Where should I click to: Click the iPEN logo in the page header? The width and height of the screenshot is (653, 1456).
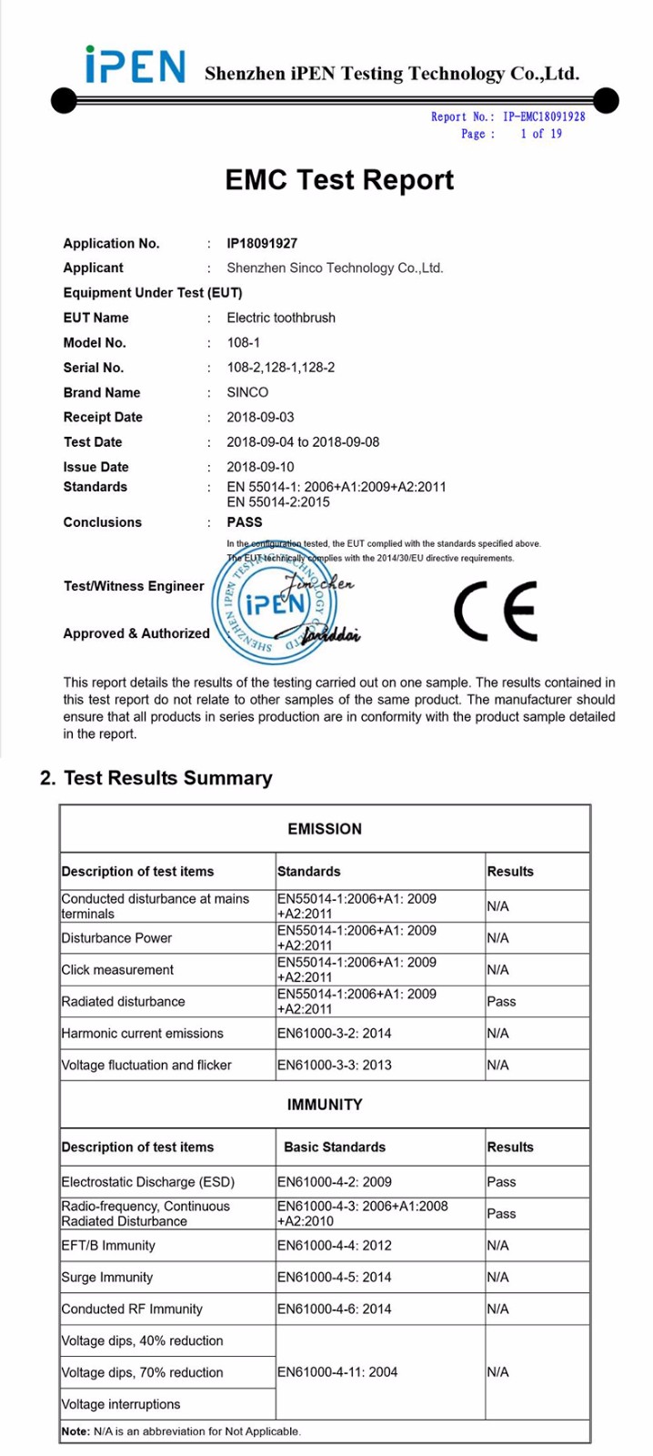pos(135,66)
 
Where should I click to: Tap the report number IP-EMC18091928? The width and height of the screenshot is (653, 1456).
pos(544,116)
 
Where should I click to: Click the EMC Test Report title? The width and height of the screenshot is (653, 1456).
pos(339,179)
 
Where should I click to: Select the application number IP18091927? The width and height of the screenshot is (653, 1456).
pos(262,243)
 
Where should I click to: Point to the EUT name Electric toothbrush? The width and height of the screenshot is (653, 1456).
pos(281,318)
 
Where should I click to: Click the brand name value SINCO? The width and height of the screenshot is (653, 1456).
pos(247,392)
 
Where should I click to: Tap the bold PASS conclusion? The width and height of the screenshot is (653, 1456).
pos(245,522)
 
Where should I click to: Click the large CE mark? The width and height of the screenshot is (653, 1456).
pos(496,610)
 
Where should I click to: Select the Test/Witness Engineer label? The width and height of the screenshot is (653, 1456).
pos(134,586)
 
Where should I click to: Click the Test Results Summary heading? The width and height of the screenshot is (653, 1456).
pos(156,778)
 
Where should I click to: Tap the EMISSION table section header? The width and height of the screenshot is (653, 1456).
pos(325,829)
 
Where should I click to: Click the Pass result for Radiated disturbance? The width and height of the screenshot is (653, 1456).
pos(501,1001)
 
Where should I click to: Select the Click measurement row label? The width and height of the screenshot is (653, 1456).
pos(117,970)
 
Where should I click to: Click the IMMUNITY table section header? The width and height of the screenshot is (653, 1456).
pos(325,1105)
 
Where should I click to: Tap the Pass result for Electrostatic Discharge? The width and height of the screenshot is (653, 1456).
pos(501,1182)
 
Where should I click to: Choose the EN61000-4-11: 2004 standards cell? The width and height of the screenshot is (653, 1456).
pos(337,1372)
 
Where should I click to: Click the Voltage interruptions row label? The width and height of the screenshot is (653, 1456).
pos(121,1404)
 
